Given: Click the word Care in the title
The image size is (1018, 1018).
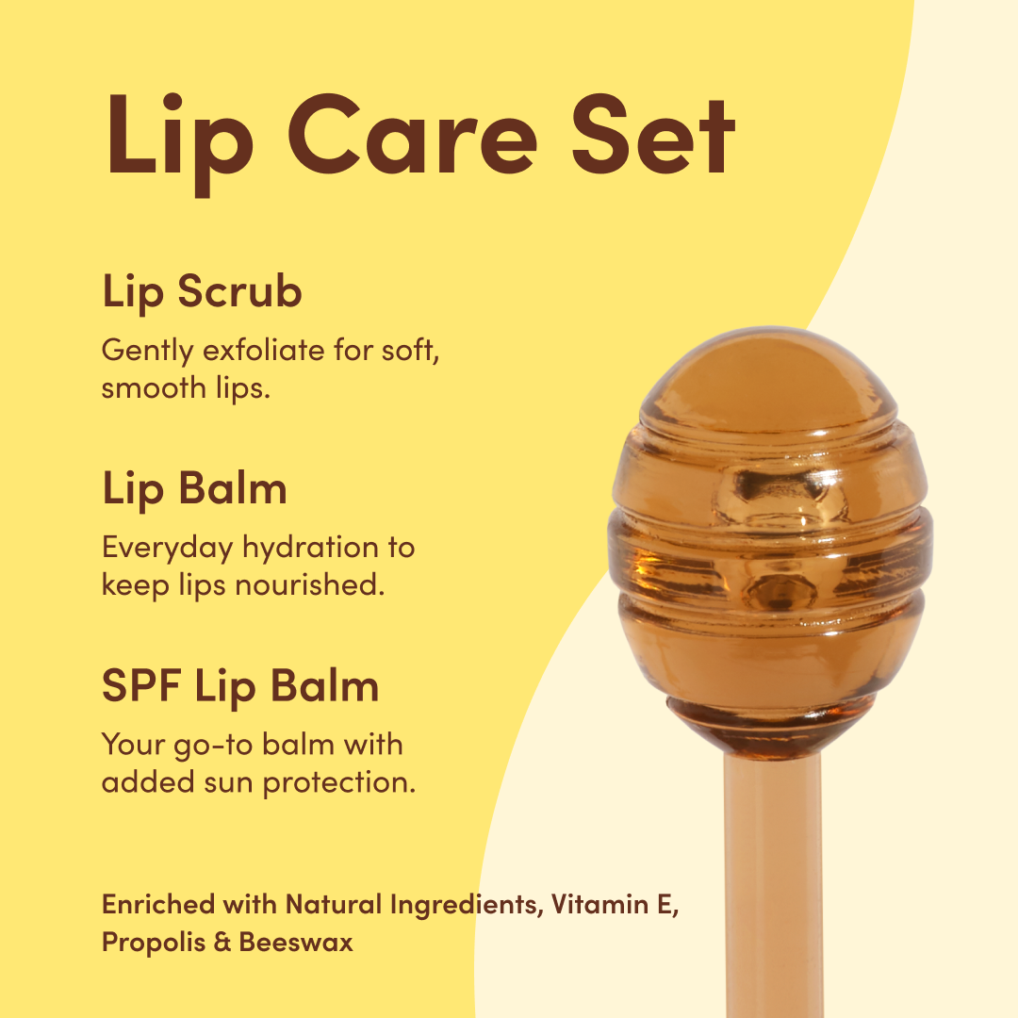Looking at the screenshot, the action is [413, 135].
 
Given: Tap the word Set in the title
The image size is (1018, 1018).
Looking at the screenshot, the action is [653, 135].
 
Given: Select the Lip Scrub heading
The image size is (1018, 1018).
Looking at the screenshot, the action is [202, 291].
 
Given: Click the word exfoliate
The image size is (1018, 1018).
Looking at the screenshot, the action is [264, 350].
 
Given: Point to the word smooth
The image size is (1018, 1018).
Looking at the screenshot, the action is [154, 388].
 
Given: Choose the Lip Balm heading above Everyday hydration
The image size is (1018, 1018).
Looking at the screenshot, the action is [194, 488].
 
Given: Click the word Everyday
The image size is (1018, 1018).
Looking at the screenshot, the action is [168, 548].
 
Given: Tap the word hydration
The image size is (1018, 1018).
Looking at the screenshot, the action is [310, 548].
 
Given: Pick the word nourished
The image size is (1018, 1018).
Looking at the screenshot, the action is [310, 585].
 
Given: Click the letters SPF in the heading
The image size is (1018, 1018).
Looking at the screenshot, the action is [141, 685].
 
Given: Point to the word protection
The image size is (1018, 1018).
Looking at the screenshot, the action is [339, 783].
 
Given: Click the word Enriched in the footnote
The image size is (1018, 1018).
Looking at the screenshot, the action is [158, 904].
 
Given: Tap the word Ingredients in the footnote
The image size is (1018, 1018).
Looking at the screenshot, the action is [467, 905].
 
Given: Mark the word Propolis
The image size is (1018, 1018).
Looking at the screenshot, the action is [154, 943].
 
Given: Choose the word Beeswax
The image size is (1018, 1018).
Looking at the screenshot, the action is [296, 942].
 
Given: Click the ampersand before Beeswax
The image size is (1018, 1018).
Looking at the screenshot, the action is [222, 943].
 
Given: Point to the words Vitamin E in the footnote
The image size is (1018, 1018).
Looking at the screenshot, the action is [615, 904].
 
